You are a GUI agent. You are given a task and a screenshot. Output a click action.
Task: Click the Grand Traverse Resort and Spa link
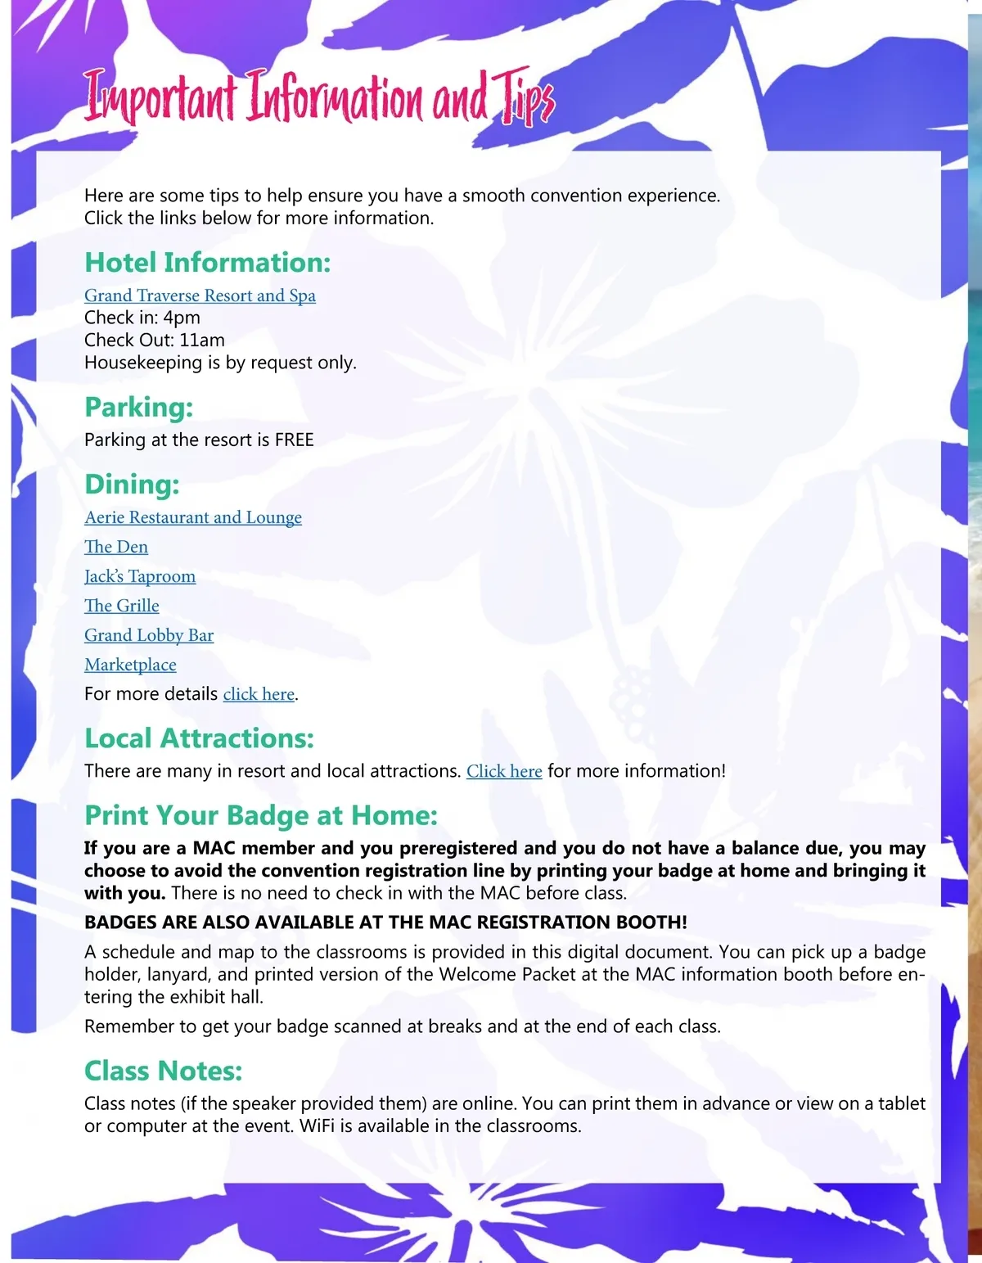[200, 295]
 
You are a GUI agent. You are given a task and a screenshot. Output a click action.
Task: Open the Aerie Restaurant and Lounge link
[193, 517]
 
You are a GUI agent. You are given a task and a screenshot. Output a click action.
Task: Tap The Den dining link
[116, 547]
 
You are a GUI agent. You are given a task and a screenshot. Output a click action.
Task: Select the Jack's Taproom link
[140, 576]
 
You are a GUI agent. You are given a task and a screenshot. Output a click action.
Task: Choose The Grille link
[122, 606]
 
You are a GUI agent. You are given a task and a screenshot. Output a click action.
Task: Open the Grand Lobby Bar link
[149, 635]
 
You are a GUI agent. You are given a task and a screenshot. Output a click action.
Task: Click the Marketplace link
[130, 665]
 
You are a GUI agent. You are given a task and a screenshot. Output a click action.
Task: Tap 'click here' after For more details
[259, 694]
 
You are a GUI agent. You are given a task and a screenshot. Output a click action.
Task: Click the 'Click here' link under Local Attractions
[504, 771]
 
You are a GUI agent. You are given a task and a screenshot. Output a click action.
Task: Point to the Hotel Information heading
[208, 263]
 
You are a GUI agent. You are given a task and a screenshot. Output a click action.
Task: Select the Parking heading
[139, 408]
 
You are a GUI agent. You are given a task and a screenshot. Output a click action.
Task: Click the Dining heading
[132, 485]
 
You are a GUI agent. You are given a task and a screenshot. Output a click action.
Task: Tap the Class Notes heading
[164, 1071]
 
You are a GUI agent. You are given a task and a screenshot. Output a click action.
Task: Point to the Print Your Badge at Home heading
[261, 815]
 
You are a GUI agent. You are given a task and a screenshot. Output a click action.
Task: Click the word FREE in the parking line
[295, 440]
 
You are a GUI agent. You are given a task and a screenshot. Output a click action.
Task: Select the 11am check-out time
[202, 341]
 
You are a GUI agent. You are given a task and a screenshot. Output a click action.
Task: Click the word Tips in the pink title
[525, 100]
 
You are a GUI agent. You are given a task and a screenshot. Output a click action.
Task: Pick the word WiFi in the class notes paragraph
[316, 1126]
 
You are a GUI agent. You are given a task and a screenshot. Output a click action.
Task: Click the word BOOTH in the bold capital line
[648, 922]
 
